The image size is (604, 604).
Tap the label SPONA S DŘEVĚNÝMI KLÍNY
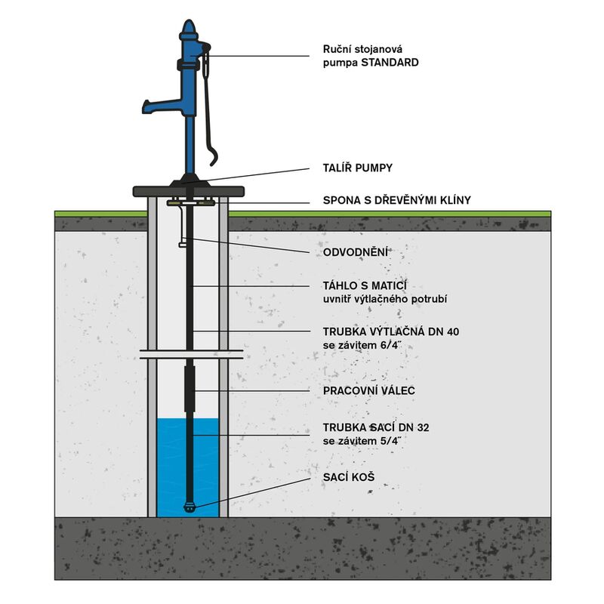[x=396, y=200]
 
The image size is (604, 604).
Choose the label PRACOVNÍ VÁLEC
[x=368, y=391]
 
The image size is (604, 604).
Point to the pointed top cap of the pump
[x=188, y=30]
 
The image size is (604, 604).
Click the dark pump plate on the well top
[x=189, y=191]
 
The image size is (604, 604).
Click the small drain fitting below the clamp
[x=183, y=242]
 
